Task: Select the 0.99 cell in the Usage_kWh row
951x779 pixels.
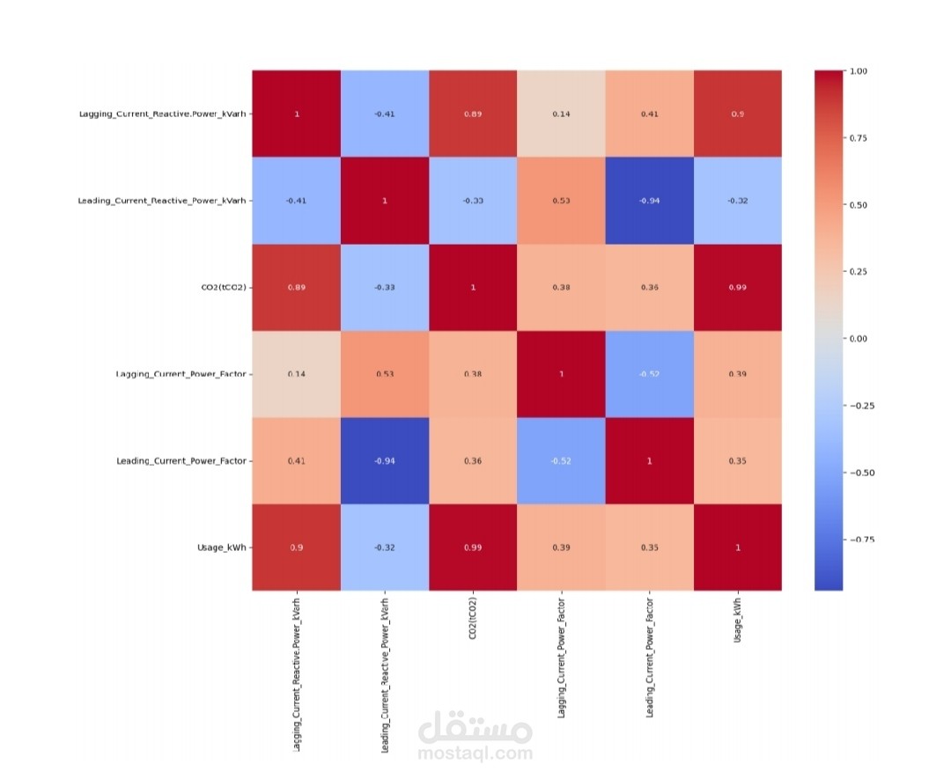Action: pyautogui.click(x=473, y=547)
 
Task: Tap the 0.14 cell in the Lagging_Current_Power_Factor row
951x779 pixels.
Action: pyautogui.click(x=297, y=374)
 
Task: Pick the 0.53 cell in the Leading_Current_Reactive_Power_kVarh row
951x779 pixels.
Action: pyautogui.click(x=561, y=201)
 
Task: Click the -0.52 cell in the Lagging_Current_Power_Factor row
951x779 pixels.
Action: pyautogui.click(x=649, y=374)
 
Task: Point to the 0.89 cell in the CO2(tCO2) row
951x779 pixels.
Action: pyautogui.click(x=297, y=287)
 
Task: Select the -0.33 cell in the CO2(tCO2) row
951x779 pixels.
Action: pyautogui.click(x=385, y=287)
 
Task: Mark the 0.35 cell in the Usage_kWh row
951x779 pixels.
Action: pyautogui.click(x=649, y=547)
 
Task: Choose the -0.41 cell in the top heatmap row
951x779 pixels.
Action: pyautogui.click(x=385, y=114)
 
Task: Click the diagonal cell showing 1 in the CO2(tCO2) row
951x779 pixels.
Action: pyautogui.click(x=473, y=287)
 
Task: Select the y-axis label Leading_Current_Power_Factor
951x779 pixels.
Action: pyautogui.click(x=181, y=460)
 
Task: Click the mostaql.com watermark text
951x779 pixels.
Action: pyautogui.click(x=475, y=753)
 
